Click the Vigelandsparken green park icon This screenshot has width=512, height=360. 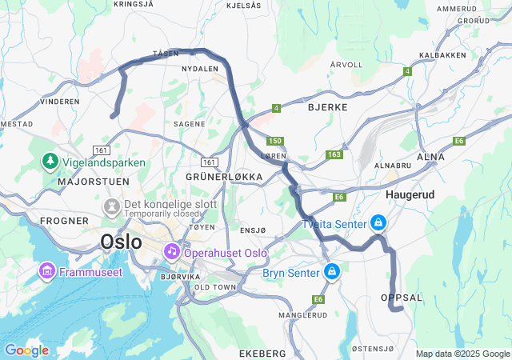[50, 162]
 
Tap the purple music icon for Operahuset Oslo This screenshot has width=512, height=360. [171, 252]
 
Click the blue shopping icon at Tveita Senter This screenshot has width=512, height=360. [377, 223]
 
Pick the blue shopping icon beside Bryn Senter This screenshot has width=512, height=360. [330, 273]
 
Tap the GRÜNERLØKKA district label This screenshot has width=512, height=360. [224, 176]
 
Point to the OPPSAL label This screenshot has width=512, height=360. [402, 298]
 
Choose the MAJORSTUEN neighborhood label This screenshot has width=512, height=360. [89, 182]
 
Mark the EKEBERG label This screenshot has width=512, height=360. [262, 353]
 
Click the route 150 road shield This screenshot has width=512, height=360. [275, 141]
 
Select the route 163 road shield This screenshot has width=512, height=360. [334, 154]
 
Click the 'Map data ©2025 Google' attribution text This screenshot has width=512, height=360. [462, 354]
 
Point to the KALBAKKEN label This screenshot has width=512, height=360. [442, 55]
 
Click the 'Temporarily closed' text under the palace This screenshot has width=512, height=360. [160, 214]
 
